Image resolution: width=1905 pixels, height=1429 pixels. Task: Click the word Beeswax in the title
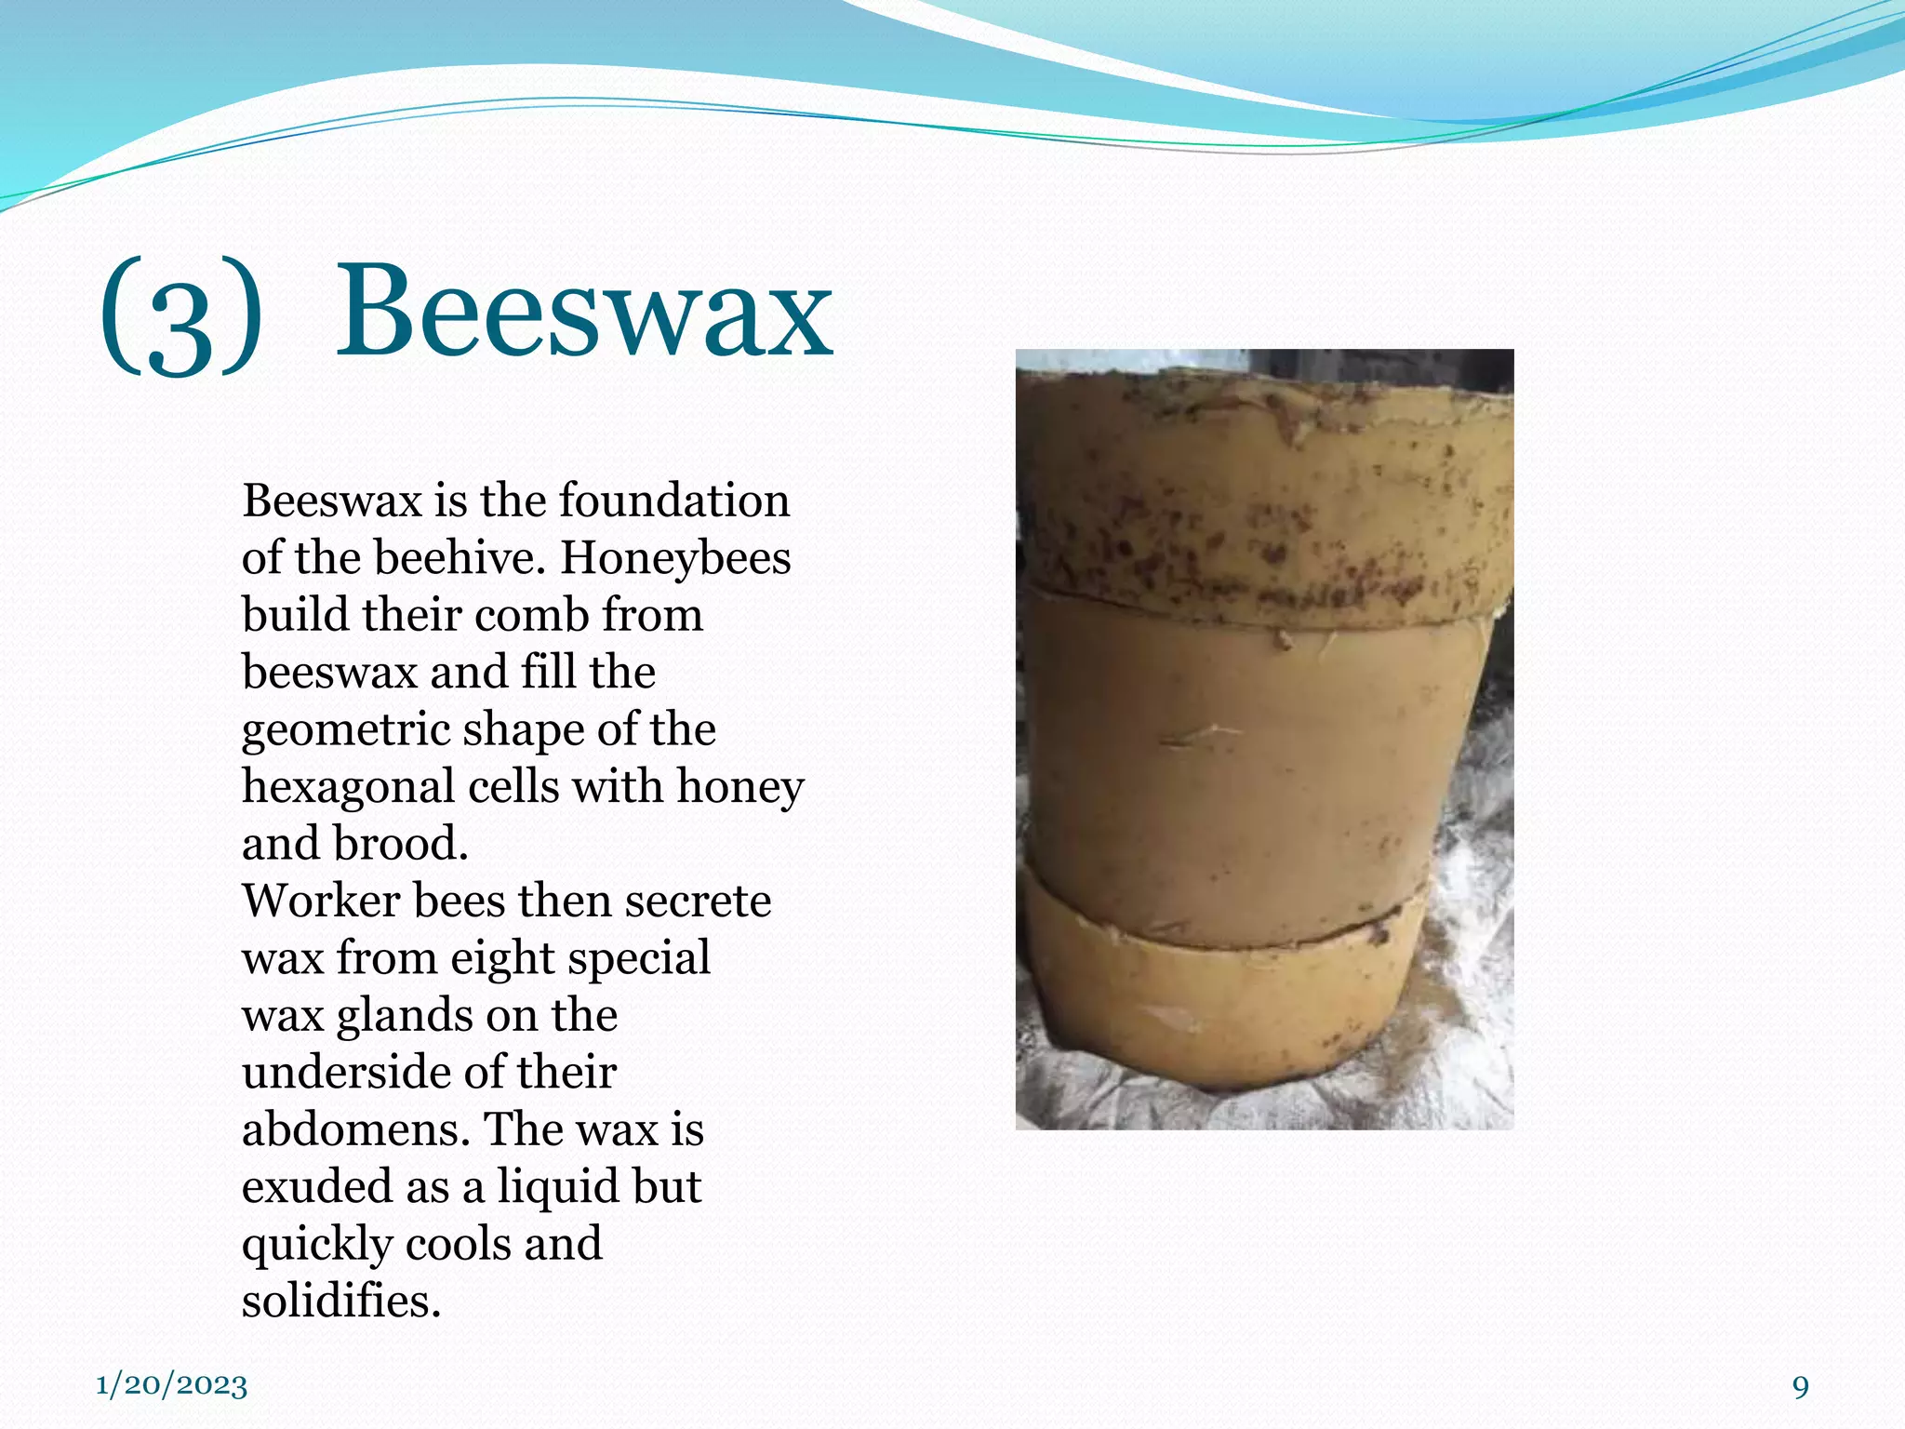coord(584,312)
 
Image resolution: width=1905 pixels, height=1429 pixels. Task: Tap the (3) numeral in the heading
coord(180,316)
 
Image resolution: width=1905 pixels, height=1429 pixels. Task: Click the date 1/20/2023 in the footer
coord(172,1385)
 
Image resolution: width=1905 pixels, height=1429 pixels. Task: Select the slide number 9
coord(1801,1386)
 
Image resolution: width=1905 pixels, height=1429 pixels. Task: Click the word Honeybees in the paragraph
coord(675,558)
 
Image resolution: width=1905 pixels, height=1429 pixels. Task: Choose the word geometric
coord(345,730)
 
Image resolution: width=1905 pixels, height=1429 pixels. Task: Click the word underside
coord(345,1073)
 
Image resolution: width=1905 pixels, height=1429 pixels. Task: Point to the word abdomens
coord(355,1129)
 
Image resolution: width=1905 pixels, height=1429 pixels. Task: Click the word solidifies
coord(340,1301)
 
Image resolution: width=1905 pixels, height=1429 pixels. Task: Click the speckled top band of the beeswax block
coord(1265,502)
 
